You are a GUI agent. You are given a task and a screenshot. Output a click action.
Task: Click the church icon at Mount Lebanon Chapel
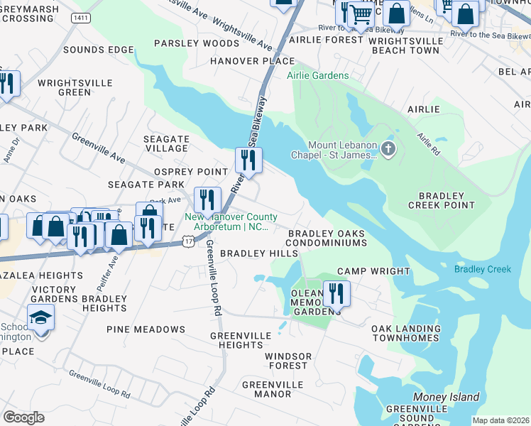coord(388,149)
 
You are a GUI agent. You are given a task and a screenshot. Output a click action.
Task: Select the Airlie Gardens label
coord(317,76)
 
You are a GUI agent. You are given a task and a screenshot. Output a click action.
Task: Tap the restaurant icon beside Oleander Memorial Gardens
coord(336,292)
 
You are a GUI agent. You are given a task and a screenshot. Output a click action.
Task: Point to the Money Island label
coord(447,397)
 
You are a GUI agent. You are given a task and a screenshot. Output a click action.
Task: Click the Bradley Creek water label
coord(483,269)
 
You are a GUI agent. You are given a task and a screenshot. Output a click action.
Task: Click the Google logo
coord(23,417)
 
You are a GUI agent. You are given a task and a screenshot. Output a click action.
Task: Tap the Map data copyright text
coord(500,420)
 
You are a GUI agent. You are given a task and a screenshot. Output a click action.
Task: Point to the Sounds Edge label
coord(99,50)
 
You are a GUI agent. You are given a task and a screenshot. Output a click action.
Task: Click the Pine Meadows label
coord(146,329)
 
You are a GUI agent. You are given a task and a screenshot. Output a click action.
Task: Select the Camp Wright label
coord(373,271)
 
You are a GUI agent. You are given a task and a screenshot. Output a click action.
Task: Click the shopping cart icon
coord(362,13)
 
